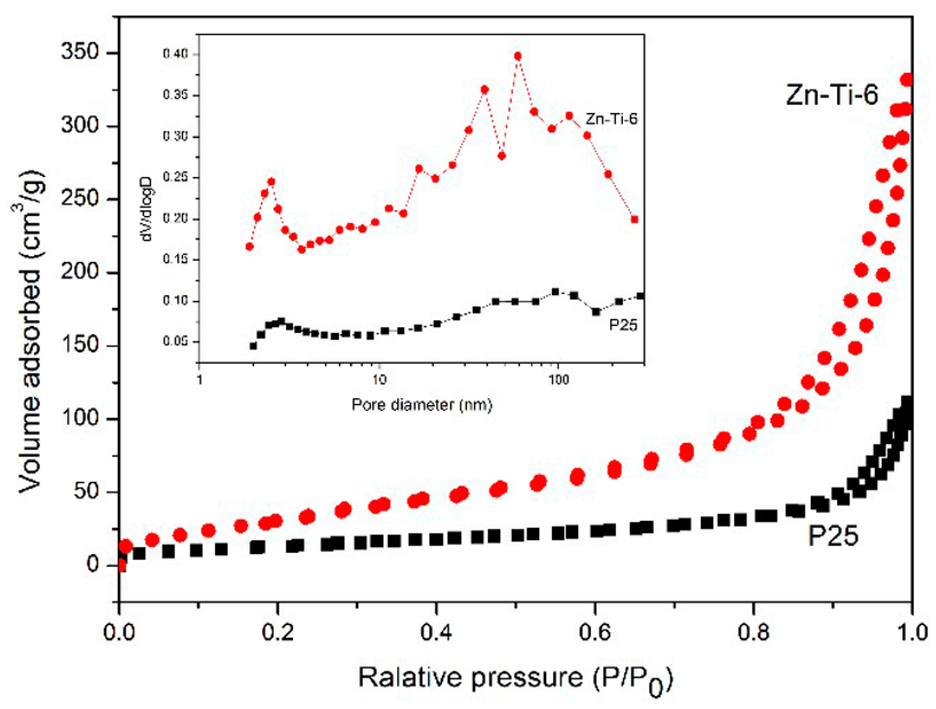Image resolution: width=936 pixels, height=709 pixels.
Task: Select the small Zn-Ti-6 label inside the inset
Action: click(611, 120)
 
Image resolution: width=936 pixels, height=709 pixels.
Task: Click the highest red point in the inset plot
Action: click(517, 56)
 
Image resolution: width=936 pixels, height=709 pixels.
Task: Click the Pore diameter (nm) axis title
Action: click(422, 405)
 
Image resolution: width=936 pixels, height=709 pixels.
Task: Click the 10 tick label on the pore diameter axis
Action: click(379, 380)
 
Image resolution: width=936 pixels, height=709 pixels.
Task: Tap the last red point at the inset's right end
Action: click(634, 219)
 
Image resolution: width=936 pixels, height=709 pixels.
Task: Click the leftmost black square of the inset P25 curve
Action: click(253, 346)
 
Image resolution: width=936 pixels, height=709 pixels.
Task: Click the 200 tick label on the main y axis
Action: click(80, 272)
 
